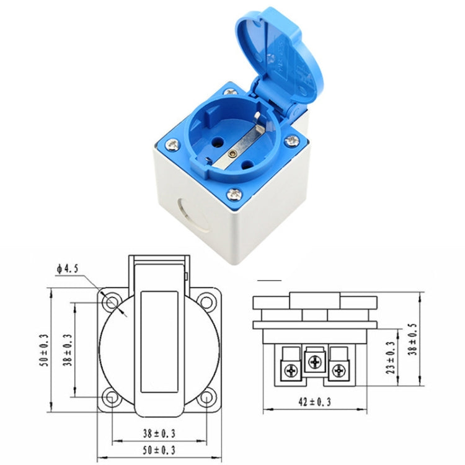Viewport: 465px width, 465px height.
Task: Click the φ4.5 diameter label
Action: click(x=66, y=268)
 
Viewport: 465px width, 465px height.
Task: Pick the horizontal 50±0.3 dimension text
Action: click(x=158, y=448)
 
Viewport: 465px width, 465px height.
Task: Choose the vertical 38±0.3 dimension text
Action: click(x=66, y=351)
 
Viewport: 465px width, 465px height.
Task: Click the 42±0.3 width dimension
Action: click(x=314, y=402)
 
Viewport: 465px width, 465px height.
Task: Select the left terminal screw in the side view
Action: click(x=290, y=371)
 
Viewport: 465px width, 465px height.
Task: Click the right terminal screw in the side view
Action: click(x=338, y=371)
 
